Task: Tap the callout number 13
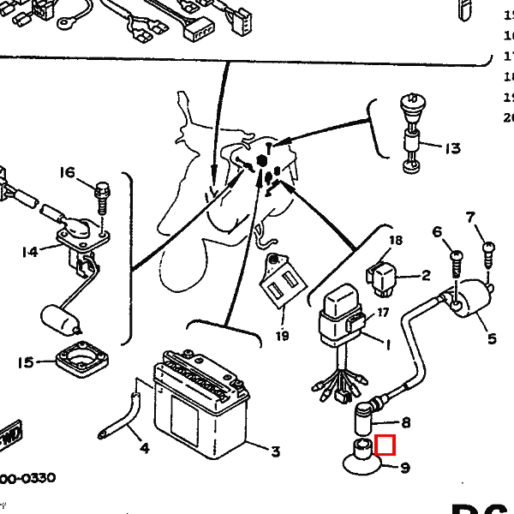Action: click(452, 148)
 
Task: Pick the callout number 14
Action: click(30, 252)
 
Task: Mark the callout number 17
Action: click(383, 313)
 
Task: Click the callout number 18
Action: click(395, 241)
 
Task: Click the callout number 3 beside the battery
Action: click(275, 452)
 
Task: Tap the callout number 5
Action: click(492, 339)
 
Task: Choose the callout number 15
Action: click(25, 362)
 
